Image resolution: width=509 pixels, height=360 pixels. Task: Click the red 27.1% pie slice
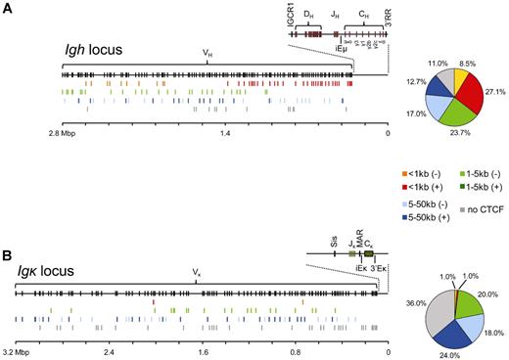pos(477,89)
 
